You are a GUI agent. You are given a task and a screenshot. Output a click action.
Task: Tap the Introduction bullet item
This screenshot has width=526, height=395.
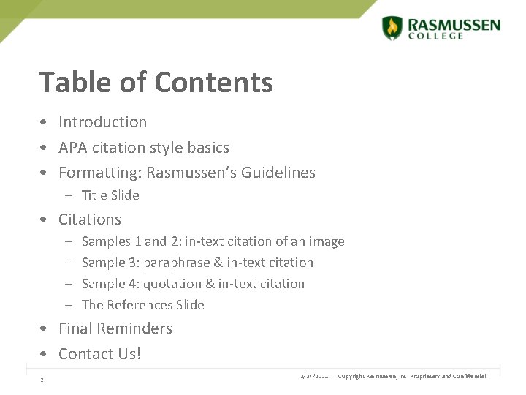(102, 122)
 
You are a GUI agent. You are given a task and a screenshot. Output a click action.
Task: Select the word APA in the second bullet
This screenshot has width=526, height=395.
(72, 148)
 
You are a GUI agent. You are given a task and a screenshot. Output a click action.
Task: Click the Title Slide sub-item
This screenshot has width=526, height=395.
(110, 195)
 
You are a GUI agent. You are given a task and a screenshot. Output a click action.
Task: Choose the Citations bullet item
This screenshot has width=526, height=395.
(90, 219)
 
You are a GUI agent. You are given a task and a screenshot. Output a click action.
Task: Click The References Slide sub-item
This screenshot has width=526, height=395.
(142, 305)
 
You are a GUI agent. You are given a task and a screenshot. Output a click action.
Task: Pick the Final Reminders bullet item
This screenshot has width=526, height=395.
(115, 328)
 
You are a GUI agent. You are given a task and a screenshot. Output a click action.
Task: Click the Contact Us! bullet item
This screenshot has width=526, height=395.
(99, 354)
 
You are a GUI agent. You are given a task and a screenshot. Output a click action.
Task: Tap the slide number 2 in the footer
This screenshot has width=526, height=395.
(42, 380)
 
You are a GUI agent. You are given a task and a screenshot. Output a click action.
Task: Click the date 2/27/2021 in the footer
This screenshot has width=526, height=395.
(314, 376)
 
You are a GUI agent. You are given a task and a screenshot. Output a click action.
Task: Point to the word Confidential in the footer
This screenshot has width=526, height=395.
(470, 376)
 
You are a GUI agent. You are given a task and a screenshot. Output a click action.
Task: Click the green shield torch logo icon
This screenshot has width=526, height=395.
(392, 28)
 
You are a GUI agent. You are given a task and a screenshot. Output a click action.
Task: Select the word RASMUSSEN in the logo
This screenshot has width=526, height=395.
(454, 25)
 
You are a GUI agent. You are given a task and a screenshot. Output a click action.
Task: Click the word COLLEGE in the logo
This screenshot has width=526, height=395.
(435, 36)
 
